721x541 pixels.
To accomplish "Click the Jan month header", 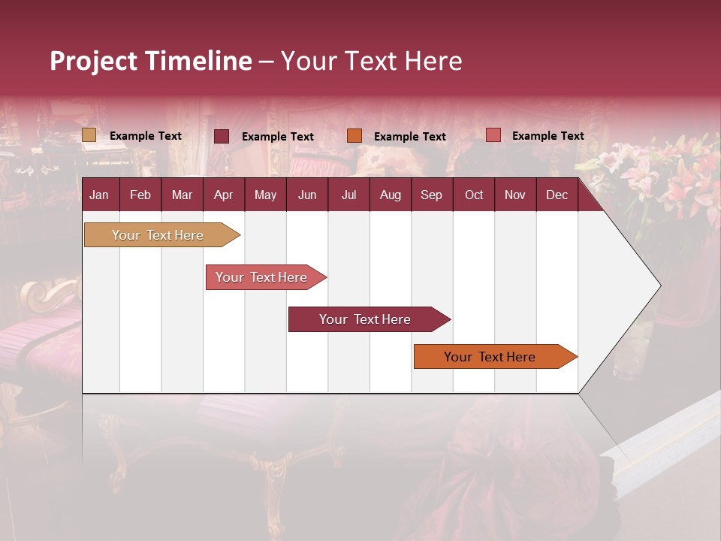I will pos(99,195).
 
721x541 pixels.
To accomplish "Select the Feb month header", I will pos(140,195).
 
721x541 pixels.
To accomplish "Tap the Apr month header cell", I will pos(223,195).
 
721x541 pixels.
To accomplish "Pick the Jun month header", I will pos(306,195).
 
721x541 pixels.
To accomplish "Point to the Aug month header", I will pos(390,195).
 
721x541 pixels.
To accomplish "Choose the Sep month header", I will pos(431,195).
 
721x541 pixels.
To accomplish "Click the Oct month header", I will pos(473,195).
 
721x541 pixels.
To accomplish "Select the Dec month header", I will pos(557,195).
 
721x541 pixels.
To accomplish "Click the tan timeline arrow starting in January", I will pos(158,235).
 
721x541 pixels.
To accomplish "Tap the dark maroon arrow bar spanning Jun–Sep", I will pos(365,319).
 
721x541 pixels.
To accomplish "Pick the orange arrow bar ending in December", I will pos(490,357).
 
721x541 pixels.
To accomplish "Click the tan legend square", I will pos(89,135).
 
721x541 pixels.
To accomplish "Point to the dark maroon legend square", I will pos(222,136).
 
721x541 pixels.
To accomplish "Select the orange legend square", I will pos(354,136).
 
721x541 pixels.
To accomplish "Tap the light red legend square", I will pos(493,135).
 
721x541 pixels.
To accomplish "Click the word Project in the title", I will pos(93,61).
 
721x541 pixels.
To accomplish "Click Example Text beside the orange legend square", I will pos(410,137).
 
